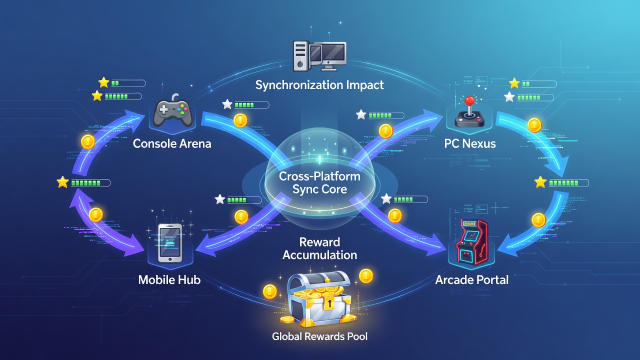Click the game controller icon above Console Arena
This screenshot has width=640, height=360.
(172, 111)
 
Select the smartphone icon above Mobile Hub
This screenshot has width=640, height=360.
(170, 243)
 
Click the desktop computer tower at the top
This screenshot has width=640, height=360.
(301, 56)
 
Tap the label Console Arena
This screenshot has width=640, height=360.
(172, 143)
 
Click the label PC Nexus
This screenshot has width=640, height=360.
(470, 143)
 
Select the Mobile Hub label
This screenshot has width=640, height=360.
(169, 279)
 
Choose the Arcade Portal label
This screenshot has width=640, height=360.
(472, 279)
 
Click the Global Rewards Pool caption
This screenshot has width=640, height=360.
(319, 336)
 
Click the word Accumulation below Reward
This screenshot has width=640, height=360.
(319, 255)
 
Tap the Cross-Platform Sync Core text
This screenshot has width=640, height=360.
(319, 183)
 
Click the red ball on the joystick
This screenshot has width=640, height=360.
(469, 100)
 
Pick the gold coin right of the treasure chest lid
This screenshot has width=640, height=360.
(366, 276)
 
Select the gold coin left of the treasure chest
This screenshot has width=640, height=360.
(270, 291)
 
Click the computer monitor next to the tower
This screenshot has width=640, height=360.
(328, 56)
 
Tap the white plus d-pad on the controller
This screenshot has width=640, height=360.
(163, 109)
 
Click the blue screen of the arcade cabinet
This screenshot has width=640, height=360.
(470, 235)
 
